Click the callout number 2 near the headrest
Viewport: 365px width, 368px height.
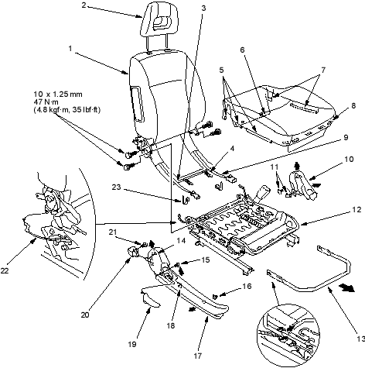[x=84, y=5]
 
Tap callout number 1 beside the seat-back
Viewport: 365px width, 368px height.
[x=70, y=48]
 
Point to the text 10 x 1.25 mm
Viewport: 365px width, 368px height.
[x=58, y=94]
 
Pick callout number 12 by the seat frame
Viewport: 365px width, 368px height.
[x=356, y=210]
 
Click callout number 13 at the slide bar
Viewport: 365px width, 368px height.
[x=360, y=339]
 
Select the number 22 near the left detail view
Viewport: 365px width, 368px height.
[x=5, y=270]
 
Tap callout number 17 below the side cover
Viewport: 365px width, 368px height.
[x=198, y=356]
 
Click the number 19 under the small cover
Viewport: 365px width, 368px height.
[x=132, y=344]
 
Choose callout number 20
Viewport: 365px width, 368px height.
[x=85, y=315]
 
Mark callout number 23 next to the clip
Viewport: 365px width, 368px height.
[x=116, y=187]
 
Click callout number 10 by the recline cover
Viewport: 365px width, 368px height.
[x=349, y=159]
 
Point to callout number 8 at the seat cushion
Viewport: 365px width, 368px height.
[x=353, y=105]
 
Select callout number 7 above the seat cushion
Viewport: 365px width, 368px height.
[x=323, y=70]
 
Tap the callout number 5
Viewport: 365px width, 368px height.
[x=222, y=70]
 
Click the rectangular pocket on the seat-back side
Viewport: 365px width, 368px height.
[x=138, y=104]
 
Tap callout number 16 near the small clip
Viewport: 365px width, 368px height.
[x=247, y=286]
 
